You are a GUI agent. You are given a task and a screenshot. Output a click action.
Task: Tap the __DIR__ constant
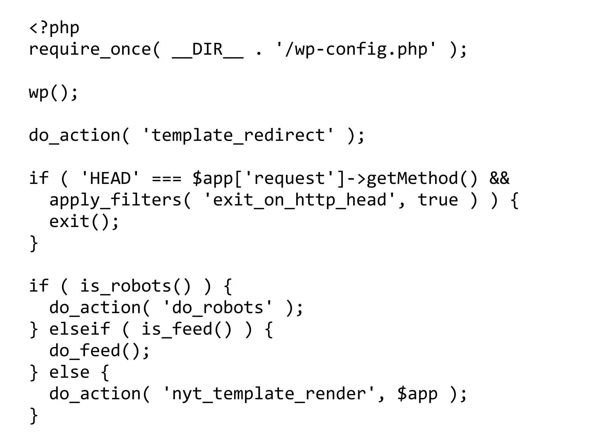(207, 49)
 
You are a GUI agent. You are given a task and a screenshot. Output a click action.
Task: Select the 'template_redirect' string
(238, 135)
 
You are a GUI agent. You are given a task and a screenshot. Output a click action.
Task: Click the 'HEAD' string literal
(110, 178)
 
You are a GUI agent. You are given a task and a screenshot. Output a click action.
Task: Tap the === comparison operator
(167, 178)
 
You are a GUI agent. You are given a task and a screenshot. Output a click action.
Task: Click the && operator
(499, 178)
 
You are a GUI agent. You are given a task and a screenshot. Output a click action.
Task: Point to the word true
(438, 200)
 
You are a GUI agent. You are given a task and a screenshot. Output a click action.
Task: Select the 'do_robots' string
(218, 308)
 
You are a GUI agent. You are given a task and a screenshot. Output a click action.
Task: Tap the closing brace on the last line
(34, 415)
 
